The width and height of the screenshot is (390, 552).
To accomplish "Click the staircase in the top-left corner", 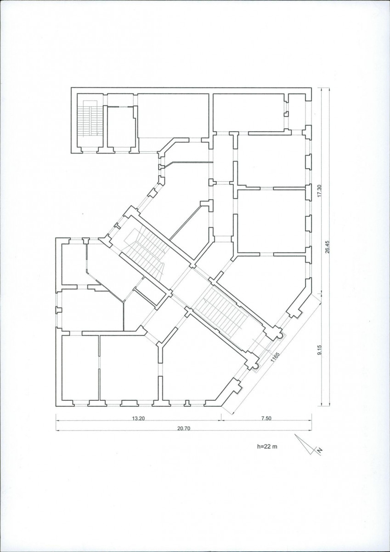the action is pyautogui.click(x=90, y=118).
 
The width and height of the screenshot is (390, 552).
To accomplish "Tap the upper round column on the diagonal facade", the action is pyautogui.click(x=280, y=336).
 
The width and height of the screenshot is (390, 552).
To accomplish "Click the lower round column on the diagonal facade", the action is pyautogui.click(x=256, y=367).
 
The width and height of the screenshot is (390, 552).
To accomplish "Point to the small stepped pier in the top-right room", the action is pyautogui.click(x=286, y=114).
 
